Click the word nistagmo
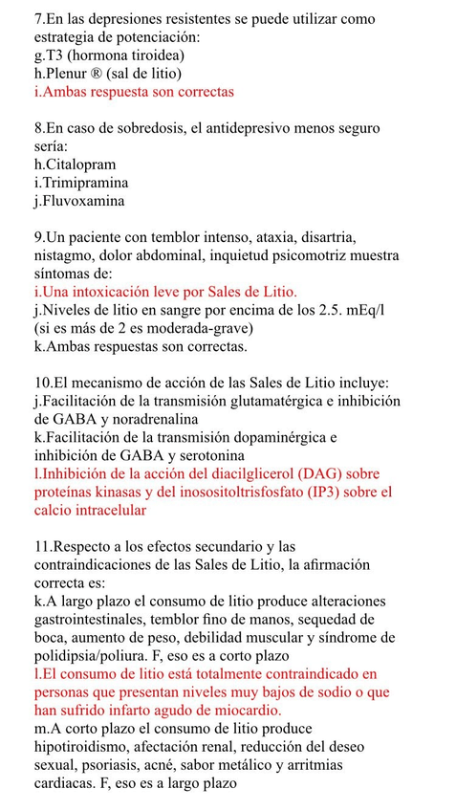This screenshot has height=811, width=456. pyautogui.click(x=66, y=255)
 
